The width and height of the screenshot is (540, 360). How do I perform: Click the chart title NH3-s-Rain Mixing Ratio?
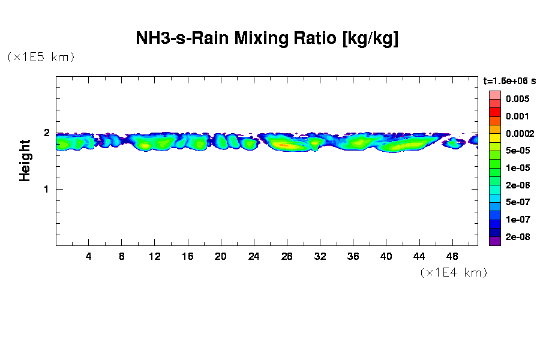(x=268, y=39)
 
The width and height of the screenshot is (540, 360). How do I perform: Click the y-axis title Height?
(x=25, y=160)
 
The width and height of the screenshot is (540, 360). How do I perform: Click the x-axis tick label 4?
(x=89, y=256)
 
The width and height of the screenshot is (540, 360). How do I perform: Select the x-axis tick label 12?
(x=155, y=256)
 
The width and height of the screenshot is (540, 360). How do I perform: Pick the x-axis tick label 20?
(x=221, y=256)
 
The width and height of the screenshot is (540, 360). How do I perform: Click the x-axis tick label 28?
(x=287, y=256)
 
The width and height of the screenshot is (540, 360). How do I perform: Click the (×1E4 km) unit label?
(x=453, y=273)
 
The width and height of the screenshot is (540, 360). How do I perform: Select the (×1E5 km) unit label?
(x=40, y=57)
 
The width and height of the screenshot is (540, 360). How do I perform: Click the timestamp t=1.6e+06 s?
(x=509, y=80)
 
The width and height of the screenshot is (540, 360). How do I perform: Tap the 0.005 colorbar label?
(x=517, y=99)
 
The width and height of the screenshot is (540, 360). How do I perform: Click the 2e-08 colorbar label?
(x=517, y=237)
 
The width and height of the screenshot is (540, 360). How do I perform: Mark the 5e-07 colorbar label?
(x=517, y=202)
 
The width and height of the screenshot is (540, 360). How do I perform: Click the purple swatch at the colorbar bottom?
(x=494, y=241)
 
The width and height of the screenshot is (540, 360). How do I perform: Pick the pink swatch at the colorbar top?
(x=494, y=95)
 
